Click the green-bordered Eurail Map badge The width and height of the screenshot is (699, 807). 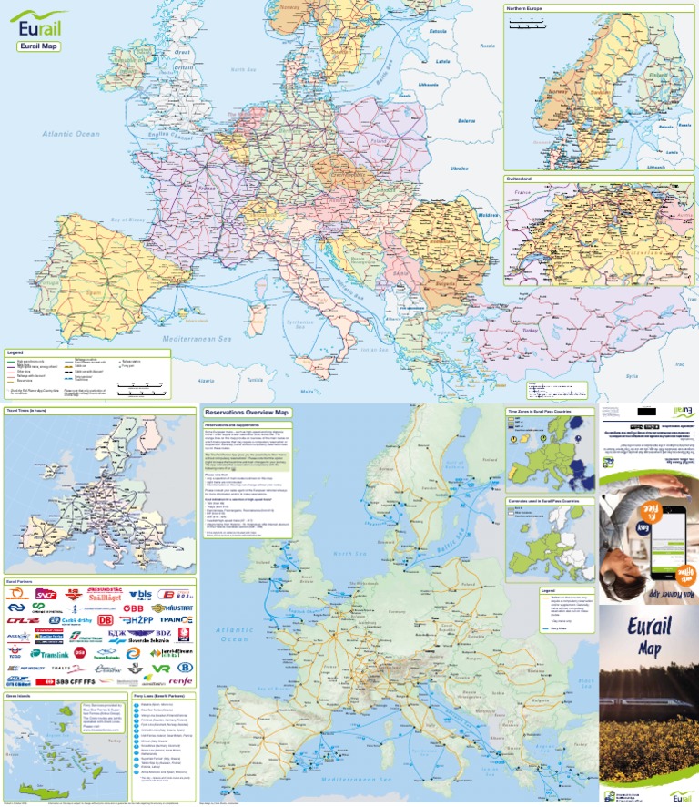click(38, 46)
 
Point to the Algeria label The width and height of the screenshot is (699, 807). click(205, 380)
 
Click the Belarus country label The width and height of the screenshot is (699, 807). click(467, 120)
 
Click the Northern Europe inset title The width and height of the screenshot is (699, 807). click(530, 8)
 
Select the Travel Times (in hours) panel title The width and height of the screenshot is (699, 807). click(26, 412)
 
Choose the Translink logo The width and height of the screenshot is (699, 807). click(56, 655)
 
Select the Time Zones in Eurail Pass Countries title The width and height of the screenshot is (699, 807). click(544, 413)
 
